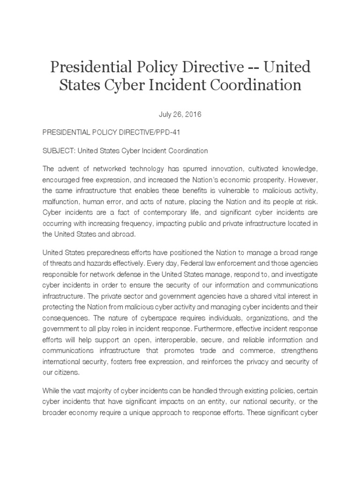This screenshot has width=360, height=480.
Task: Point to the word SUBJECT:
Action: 59,150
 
